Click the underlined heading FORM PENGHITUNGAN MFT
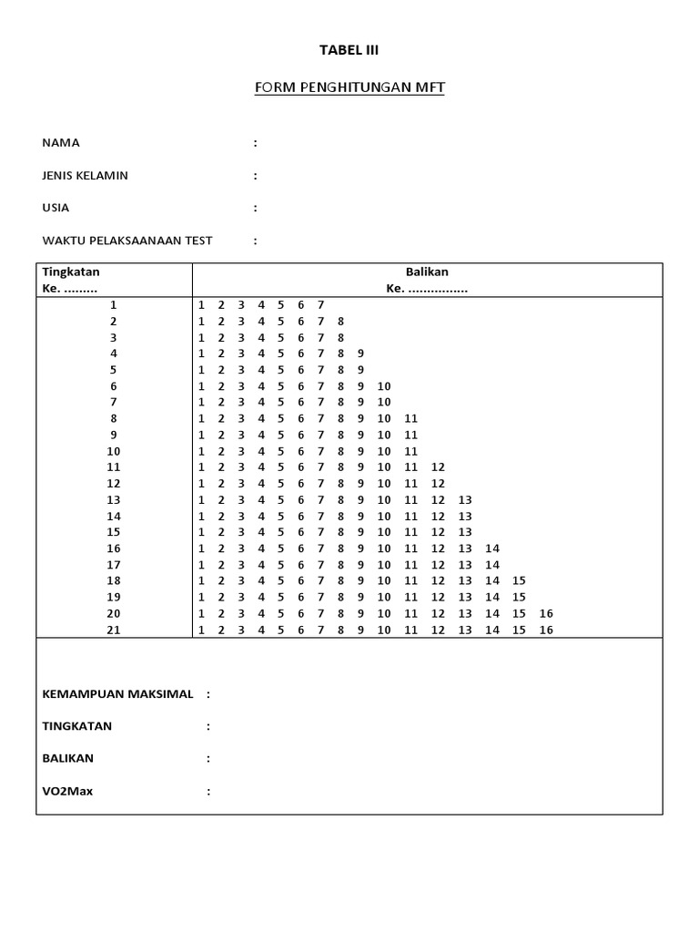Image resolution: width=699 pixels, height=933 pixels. pos(349,87)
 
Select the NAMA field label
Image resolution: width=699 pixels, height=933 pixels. pos(61,143)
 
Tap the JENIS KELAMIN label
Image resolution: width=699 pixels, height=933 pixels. pos(86,176)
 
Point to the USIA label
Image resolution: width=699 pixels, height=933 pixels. pos(56,209)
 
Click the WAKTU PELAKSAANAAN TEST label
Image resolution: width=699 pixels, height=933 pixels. pos(127,241)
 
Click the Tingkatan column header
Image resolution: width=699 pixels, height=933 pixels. pos(71,272)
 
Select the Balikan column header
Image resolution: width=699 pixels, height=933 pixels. pos(427,272)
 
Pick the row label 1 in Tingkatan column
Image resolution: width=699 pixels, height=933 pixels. pos(114,305)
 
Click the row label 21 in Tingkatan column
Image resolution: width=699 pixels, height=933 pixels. pos(114,631)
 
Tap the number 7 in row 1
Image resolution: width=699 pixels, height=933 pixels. pos(320,305)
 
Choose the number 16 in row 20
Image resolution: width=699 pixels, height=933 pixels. pos(546,614)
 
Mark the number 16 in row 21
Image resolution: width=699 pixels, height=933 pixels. pos(546,631)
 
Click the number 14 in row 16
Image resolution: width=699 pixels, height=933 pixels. pos(492,549)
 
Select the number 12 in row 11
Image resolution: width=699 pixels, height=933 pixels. pos(438,467)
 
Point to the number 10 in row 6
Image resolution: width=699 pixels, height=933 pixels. pos(384,386)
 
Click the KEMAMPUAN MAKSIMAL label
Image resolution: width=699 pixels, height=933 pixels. pos(117,694)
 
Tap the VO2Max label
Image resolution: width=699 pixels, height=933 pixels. pos(67,792)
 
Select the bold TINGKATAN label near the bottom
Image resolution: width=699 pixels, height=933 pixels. pos(77,727)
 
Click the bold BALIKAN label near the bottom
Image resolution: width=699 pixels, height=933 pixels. pos(68,759)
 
